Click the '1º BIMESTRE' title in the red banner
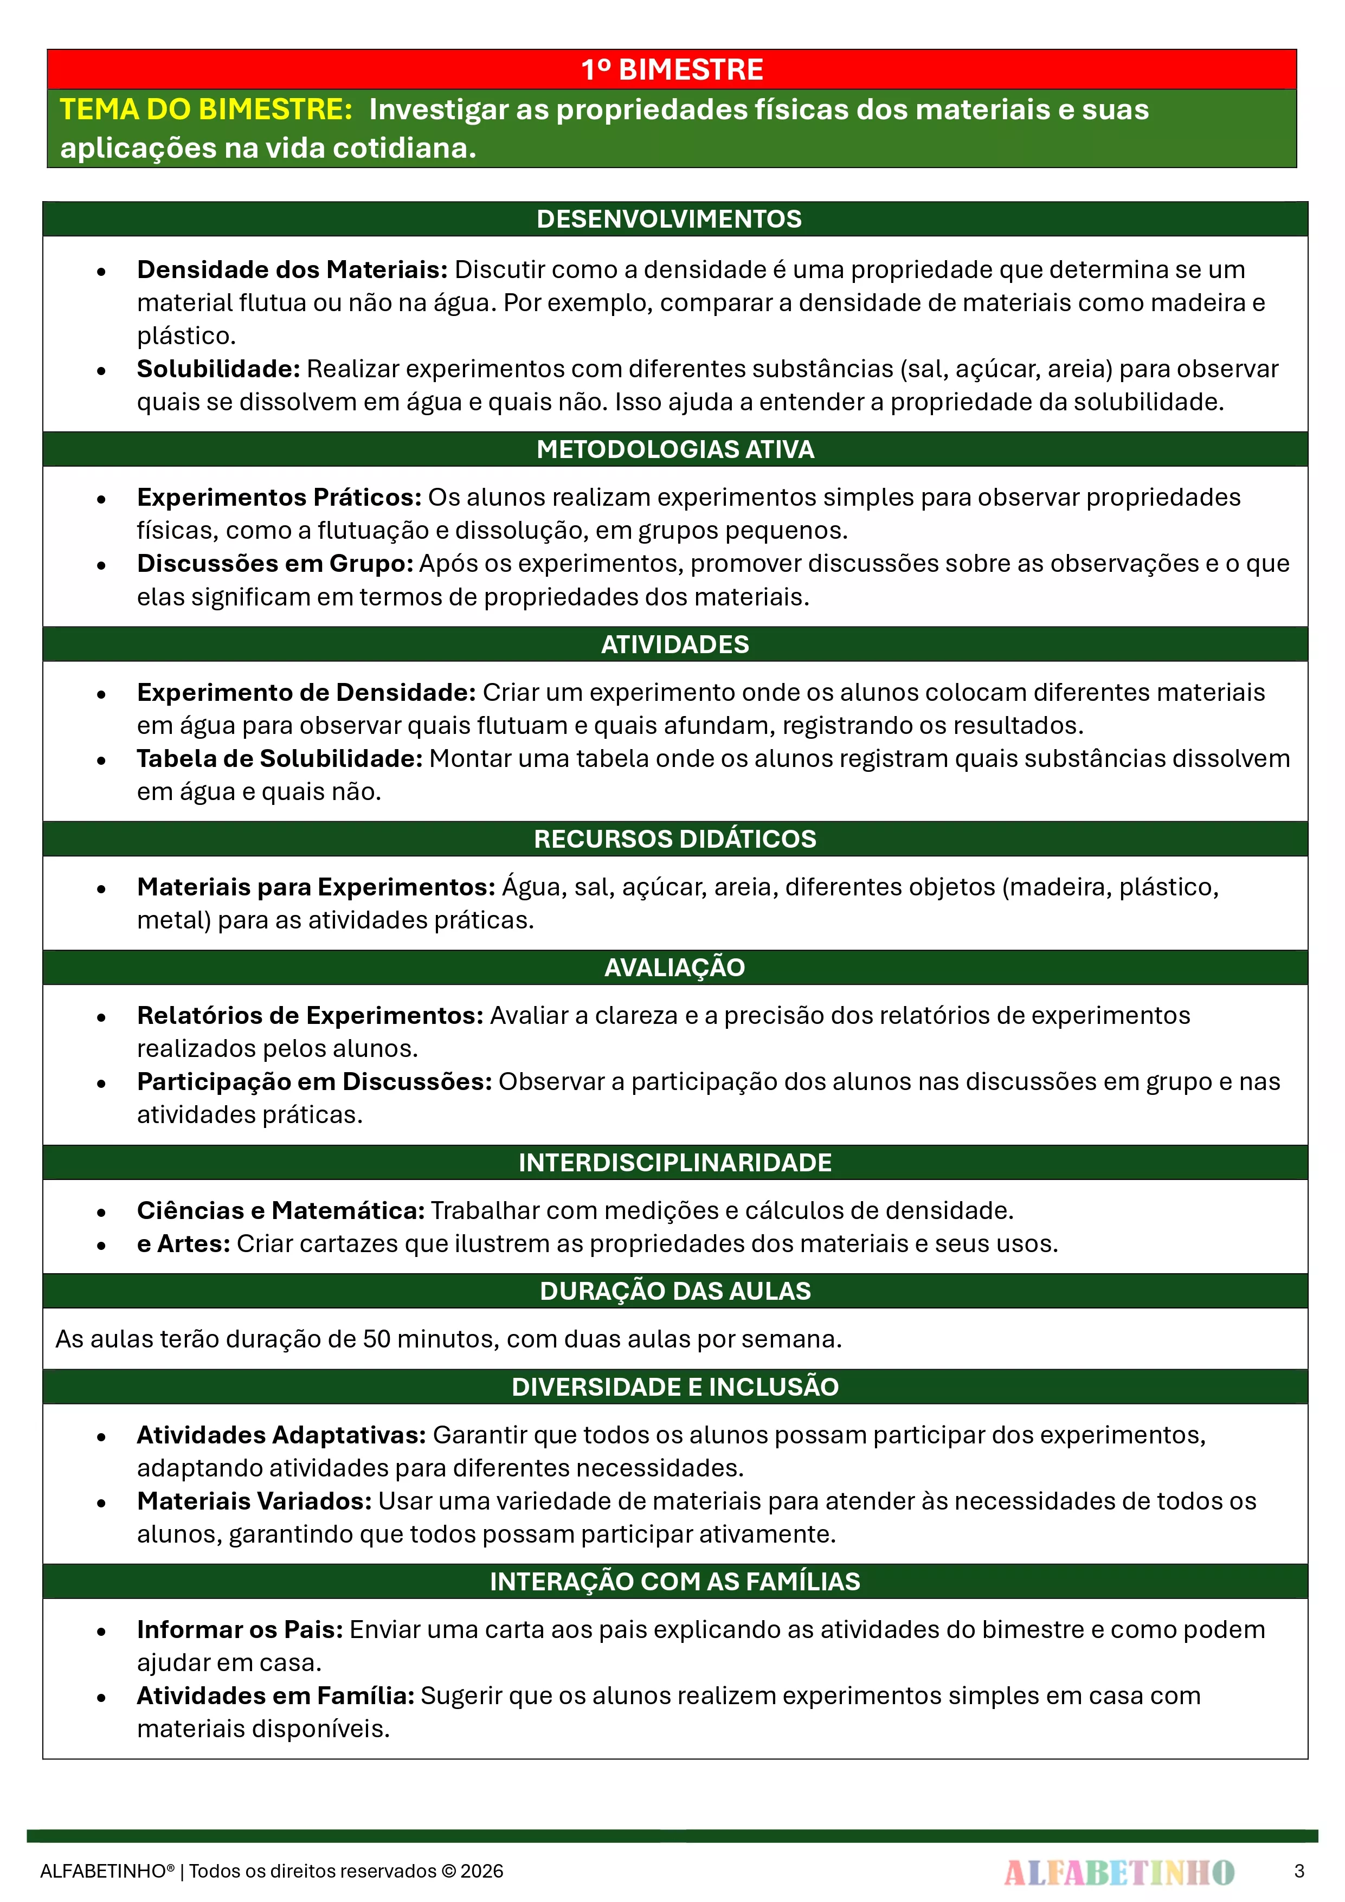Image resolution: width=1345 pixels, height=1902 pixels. [672, 69]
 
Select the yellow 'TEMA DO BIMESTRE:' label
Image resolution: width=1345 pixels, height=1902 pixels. [207, 109]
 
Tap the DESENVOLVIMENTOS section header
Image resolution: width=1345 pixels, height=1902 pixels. [669, 218]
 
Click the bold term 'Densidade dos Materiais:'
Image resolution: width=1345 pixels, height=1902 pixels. [292, 269]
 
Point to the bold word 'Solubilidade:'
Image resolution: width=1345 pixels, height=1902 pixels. [218, 369]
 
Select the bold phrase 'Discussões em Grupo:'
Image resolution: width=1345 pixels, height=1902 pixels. [274, 563]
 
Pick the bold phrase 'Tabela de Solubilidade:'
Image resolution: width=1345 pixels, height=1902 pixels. [279, 758]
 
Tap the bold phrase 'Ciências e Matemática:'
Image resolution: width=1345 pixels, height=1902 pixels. [281, 1210]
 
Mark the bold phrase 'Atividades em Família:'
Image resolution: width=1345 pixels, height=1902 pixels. [275, 1695]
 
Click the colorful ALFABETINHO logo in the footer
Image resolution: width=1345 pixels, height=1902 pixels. [1119, 1871]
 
